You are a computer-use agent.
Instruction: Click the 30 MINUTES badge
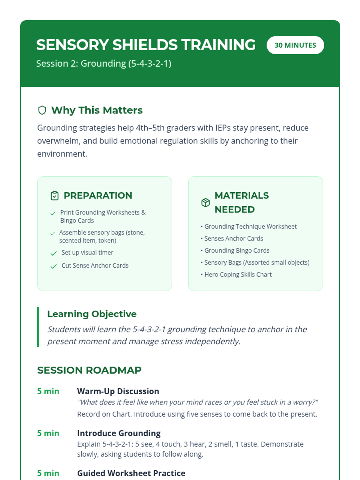(295, 45)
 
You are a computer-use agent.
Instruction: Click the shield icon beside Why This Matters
(42, 110)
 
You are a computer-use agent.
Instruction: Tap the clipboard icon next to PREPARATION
(55, 196)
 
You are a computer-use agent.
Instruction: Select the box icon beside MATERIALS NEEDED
(205, 202)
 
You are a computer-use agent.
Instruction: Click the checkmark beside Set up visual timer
(54, 253)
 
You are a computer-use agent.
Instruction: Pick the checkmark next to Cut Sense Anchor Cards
(54, 266)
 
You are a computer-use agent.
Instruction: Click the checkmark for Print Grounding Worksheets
(53, 213)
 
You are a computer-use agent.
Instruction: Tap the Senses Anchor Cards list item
(233, 238)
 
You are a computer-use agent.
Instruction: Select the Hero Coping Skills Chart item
(238, 274)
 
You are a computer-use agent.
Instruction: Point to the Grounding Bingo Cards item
(237, 250)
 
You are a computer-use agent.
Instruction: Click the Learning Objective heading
(92, 314)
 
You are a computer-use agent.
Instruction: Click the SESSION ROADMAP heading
(89, 370)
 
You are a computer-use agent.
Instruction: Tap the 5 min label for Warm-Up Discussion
(48, 391)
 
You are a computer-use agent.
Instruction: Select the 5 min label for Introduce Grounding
(48, 433)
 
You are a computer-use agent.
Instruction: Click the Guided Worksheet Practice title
(131, 473)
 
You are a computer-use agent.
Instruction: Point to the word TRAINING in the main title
(218, 45)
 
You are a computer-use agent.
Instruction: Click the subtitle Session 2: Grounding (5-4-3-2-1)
(103, 64)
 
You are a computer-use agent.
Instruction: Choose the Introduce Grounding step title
(119, 433)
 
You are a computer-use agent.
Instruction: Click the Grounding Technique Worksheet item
(250, 226)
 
